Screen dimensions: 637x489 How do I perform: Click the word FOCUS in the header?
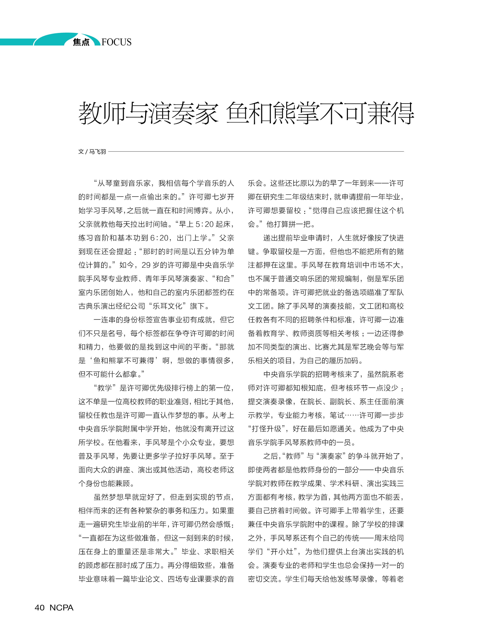tap(117, 42)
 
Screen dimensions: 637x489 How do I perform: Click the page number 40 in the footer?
tap(40, 608)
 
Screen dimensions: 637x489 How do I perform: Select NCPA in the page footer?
tap(61, 608)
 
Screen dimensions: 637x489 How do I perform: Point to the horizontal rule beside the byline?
tap(256, 151)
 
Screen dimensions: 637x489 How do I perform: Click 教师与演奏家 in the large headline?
tap(148, 113)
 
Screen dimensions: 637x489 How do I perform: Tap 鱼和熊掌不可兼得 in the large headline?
tap(320, 113)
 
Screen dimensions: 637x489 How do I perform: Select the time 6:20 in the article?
tap(159, 238)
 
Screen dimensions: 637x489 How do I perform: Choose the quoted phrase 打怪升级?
tap(266, 429)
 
